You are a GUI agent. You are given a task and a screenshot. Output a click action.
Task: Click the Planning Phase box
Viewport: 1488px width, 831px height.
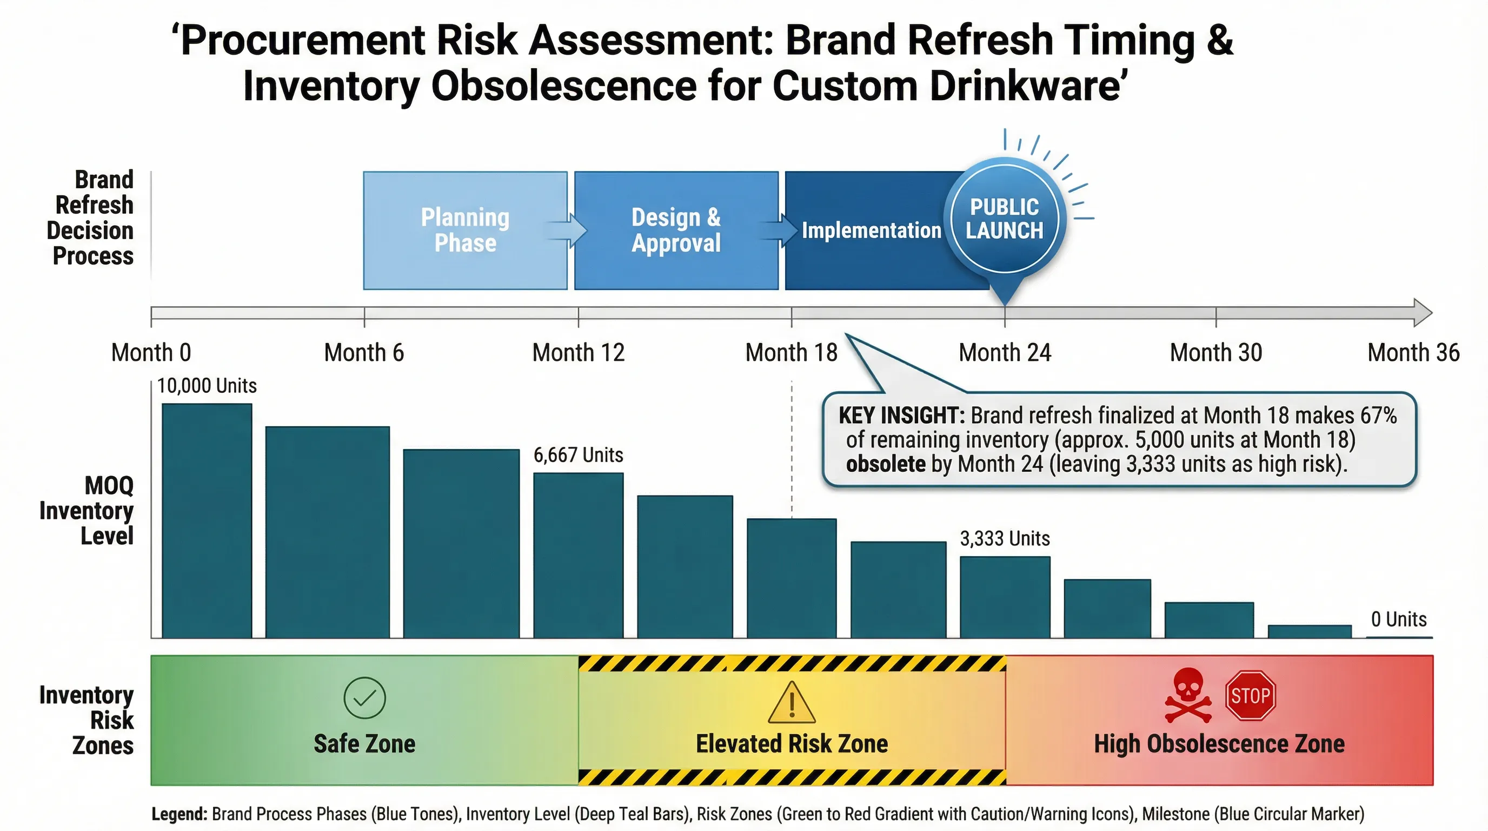click(465, 230)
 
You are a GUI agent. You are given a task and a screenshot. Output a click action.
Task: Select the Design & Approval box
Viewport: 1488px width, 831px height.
click(676, 230)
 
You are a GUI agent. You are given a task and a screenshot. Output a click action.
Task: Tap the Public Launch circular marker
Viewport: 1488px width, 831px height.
click(1005, 219)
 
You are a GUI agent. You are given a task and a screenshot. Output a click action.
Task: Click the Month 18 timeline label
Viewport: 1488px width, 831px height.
click(791, 353)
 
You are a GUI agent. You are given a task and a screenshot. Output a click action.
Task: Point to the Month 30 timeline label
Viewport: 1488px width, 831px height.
click(1216, 353)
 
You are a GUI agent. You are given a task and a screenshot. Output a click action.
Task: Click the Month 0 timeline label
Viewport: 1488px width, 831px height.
click(151, 353)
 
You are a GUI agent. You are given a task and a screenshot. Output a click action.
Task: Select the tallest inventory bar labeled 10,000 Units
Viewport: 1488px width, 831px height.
click(207, 520)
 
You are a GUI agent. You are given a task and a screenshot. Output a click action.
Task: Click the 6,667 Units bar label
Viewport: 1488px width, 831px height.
click(578, 456)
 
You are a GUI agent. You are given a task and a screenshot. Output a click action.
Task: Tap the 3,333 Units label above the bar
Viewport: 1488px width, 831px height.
click(1005, 539)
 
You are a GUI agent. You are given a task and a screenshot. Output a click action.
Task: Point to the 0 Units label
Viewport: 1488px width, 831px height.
click(1398, 619)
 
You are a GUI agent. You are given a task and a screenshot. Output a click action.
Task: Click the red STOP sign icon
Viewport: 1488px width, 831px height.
click(1250, 695)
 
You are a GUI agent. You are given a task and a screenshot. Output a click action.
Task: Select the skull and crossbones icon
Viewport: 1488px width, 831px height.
click(1187, 695)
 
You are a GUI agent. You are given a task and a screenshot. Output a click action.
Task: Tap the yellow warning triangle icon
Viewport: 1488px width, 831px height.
click(792, 703)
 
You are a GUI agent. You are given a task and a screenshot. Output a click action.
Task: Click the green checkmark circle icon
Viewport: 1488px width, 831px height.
click(364, 698)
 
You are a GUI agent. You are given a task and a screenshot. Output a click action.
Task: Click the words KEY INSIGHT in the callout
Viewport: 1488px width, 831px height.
click(901, 415)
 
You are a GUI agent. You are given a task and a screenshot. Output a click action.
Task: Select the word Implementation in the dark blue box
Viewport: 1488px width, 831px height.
click(871, 230)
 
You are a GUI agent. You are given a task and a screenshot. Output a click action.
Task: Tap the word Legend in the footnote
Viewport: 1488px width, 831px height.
click(179, 814)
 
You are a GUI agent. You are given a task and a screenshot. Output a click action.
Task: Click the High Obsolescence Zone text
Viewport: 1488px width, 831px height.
click(1219, 744)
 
